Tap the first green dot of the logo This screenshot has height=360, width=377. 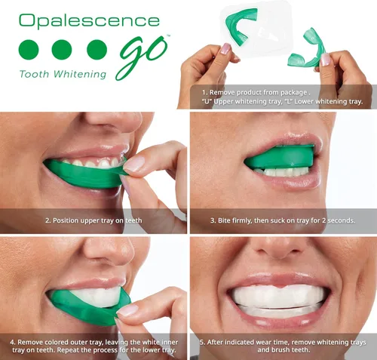tap(28, 51)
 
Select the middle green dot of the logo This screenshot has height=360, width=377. tap(62, 51)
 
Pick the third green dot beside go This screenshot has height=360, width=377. tap(97, 51)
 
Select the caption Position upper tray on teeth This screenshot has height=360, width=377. tap(93, 220)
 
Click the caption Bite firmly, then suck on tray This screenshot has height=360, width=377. tap(282, 220)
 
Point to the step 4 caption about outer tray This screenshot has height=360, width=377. tap(93, 346)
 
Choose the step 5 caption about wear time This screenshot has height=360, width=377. tap(282, 346)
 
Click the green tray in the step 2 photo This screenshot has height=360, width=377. tap(87, 174)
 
